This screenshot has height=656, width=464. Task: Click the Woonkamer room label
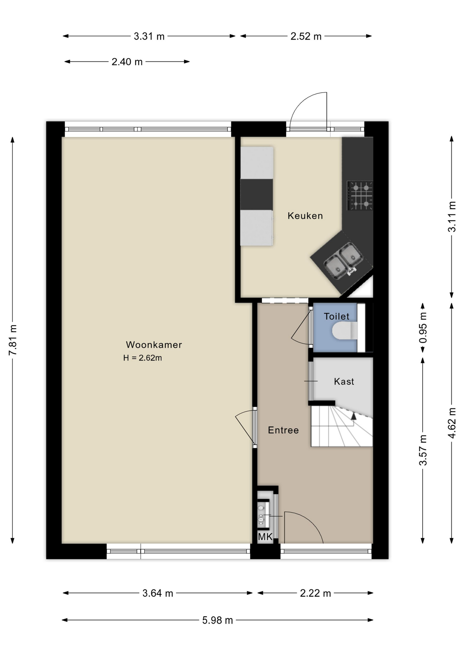point(154,345)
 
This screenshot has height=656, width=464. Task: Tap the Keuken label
point(305,216)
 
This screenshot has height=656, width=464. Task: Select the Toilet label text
point(337,316)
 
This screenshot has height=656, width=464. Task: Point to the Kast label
point(344,381)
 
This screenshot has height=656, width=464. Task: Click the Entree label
point(283,430)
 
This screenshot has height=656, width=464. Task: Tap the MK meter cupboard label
point(265,537)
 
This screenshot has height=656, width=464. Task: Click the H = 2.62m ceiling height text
point(142,358)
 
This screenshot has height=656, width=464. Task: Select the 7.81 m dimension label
point(13,340)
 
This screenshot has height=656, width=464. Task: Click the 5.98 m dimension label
point(217,620)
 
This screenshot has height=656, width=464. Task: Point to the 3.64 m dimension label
point(158,593)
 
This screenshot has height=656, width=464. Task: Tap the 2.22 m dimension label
point(315,593)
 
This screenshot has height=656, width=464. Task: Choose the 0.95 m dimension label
point(423,328)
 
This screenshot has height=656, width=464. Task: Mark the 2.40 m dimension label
point(127,62)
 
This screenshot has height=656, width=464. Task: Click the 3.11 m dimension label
point(452,217)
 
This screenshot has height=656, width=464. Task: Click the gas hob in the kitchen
point(360,195)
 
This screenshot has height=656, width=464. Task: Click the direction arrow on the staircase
point(353,416)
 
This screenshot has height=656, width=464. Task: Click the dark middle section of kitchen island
point(257,194)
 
